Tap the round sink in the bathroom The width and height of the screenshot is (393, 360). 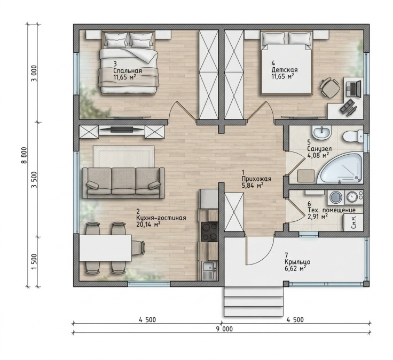[x=321, y=132]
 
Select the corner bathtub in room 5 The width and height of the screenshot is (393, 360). [x=340, y=168]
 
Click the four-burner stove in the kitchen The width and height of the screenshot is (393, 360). [x=210, y=231]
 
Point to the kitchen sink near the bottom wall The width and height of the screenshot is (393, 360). [x=209, y=270]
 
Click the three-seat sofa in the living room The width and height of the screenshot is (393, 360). [x=123, y=183]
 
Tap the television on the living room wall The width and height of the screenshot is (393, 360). [x=122, y=129]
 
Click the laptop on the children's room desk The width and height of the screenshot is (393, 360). [x=353, y=87]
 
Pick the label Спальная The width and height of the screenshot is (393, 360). [x=128, y=71]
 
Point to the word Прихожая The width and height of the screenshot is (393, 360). [x=256, y=179]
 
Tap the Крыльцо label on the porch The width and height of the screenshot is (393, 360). [x=297, y=262]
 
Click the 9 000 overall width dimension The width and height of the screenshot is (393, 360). [x=224, y=329]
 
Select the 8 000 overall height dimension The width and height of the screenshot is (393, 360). [x=24, y=155]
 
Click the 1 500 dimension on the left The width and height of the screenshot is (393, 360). [x=34, y=262]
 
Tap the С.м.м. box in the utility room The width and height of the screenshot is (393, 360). [x=353, y=222]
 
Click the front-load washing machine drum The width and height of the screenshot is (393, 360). [x=335, y=197]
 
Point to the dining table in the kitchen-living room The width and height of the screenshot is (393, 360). [x=106, y=248]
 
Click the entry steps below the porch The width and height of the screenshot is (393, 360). [x=254, y=302]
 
